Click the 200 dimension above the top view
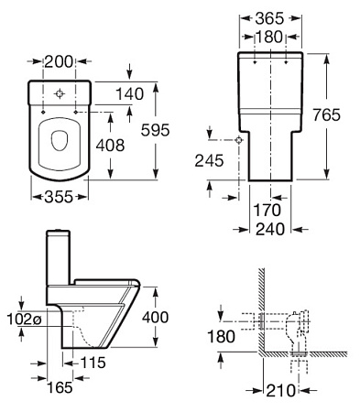tap(59, 62)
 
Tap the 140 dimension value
tap(129, 94)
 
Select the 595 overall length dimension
tap(155, 130)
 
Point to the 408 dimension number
tap(110, 146)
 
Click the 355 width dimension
tap(59, 197)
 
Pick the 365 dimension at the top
tap(269, 18)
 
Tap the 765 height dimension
tap(326, 115)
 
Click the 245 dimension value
tap(209, 160)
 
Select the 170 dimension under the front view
tap(267, 211)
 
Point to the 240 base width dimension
tap(270, 229)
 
